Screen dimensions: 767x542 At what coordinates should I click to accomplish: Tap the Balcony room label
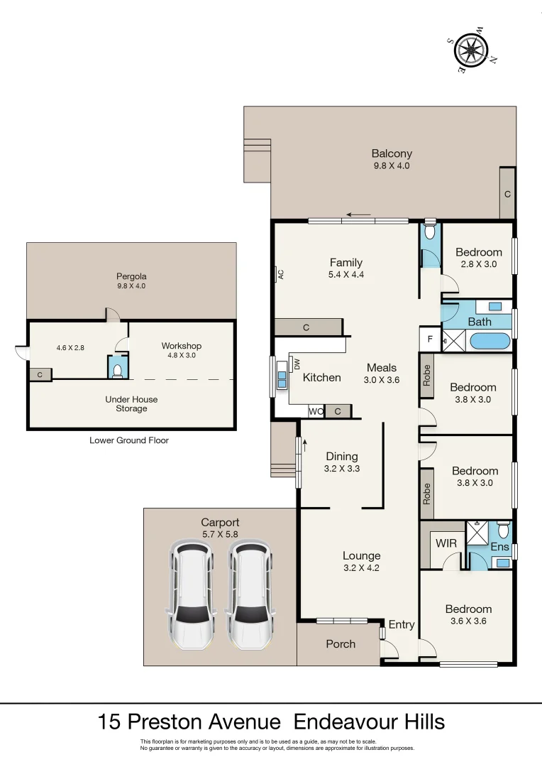pos(392,153)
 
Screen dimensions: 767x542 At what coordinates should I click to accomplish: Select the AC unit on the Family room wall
pos(280,274)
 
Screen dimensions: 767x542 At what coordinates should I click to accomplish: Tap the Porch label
pos(340,643)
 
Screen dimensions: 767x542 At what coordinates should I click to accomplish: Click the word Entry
pos(401,624)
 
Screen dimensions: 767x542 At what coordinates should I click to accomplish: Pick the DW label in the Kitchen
pos(297,363)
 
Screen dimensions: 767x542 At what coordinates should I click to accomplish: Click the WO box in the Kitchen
pos(315,411)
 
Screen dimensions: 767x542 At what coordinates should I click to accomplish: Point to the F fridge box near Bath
pos(429,339)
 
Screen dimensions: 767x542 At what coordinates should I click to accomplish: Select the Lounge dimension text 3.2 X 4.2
pos(361,567)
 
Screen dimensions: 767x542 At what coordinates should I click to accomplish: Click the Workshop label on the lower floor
pos(182,346)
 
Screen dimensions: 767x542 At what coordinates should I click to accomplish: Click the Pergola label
pos(131,276)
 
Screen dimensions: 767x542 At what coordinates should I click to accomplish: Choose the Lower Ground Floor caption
pos(129,440)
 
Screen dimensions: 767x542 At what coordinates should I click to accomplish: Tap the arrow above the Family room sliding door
pos(359,215)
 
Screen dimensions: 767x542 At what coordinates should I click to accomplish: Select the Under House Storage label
pos(131,404)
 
